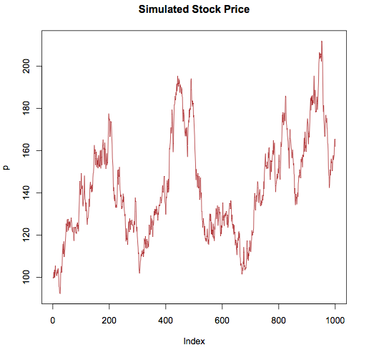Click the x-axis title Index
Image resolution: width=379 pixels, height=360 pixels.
point(194,341)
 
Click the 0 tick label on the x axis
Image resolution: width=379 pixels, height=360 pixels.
point(52,318)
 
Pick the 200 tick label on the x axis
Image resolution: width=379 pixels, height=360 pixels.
point(109,318)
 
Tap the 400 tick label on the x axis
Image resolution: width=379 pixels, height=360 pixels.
point(165,318)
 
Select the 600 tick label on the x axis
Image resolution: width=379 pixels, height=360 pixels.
point(222,318)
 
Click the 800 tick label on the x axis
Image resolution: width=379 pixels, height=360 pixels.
point(278,318)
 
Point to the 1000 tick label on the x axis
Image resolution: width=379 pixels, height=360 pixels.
point(335,318)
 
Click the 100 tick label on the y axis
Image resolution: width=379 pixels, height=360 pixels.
point(26,277)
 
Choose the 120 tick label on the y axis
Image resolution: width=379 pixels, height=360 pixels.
point(26,235)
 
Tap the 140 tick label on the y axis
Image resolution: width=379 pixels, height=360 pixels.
point(26,193)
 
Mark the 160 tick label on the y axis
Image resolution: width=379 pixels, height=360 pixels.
point(26,150)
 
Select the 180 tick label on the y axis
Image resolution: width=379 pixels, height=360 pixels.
point(26,108)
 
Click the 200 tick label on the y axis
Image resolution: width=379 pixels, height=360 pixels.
point(26,66)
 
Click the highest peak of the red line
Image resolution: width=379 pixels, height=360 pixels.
point(322,42)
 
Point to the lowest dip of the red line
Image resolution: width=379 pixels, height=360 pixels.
point(60,293)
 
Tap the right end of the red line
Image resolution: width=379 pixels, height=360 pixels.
point(335,140)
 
